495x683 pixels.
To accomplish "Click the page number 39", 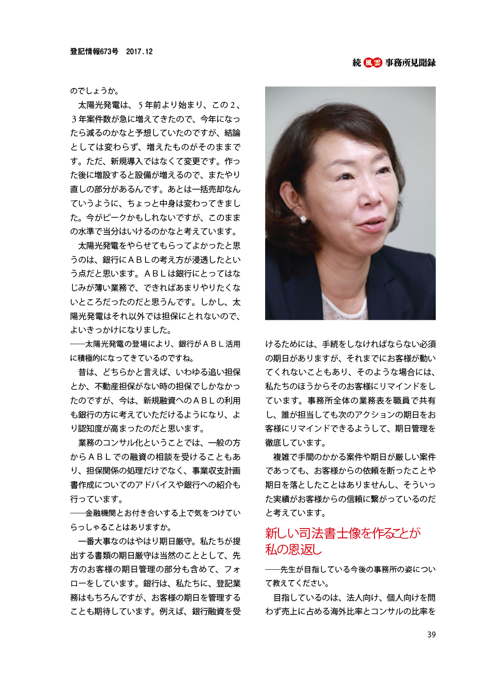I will (431, 634).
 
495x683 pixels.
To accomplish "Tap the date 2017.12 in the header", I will (139, 51).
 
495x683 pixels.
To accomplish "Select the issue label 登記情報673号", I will (94, 51).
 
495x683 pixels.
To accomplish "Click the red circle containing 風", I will (368, 63).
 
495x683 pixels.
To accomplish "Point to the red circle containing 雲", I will (377, 63).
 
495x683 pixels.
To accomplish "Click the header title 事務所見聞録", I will (410, 63).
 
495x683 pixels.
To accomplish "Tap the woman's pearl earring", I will (304, 219).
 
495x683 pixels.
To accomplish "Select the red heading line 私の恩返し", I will (293, 550).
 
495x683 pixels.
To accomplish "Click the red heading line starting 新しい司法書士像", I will (343, 533).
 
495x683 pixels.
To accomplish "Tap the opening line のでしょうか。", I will (95, 91).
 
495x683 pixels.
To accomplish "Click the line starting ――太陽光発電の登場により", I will (155, 344).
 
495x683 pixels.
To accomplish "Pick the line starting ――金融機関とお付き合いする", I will (155, 513).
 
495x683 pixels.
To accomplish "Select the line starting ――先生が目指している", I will (350, 570).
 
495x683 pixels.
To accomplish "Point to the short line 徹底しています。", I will (296, 443).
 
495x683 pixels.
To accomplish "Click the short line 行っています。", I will (97, 499).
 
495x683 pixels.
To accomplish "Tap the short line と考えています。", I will (296, 513).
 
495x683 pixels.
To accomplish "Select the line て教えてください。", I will (297, 583).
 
